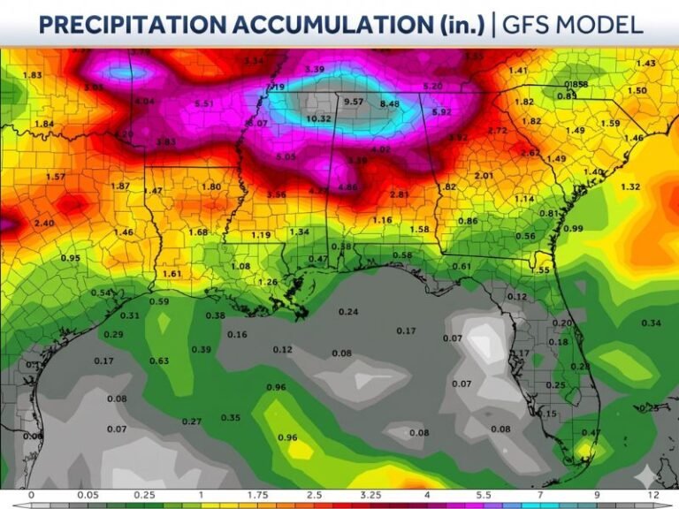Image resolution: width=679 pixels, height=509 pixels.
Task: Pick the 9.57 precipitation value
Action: tap(354, 102)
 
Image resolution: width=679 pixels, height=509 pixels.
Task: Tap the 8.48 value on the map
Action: tap(389, 104)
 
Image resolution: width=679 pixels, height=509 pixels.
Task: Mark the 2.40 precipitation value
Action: tap(43, 224)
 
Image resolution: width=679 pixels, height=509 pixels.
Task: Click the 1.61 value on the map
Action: tap(172, 274)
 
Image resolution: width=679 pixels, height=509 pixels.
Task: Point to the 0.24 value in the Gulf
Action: tap(348, 312)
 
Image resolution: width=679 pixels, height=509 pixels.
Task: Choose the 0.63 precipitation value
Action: tap(159, 361)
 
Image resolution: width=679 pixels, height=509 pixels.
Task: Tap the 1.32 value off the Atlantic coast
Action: tap(630, 186)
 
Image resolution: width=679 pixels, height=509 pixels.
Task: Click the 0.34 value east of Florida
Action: tap(652, 323)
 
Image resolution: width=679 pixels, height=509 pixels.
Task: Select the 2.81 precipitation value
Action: tap(400, 194)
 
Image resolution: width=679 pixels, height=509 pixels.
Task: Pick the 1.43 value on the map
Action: tap(646, 64)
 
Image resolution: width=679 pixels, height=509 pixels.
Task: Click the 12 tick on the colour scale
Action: tap(652, 495)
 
